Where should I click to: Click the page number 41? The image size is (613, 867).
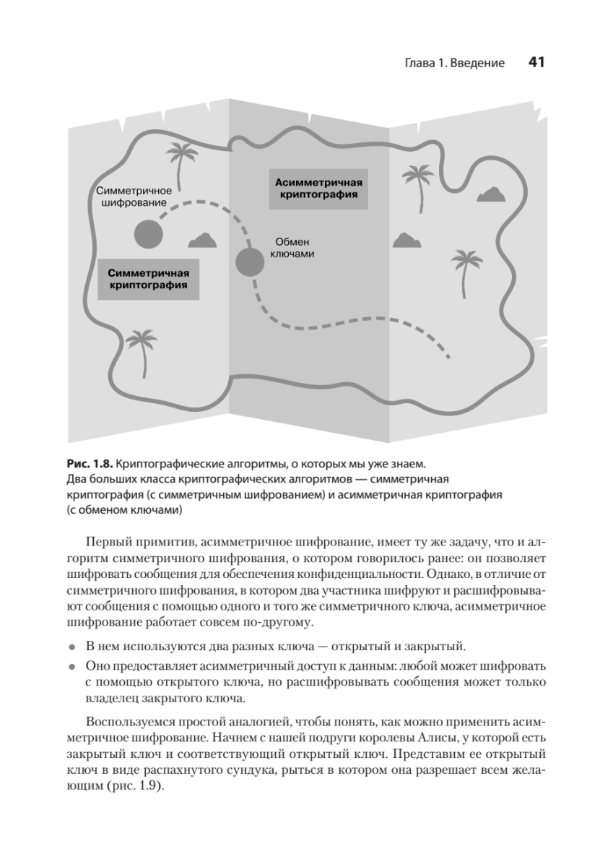(536, 63)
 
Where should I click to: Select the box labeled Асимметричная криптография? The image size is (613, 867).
(318, 189)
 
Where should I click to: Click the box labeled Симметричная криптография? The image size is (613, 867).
(148, 279)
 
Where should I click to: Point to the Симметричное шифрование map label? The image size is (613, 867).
(134, 197)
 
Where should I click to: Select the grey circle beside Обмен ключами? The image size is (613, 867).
(250, 262)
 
